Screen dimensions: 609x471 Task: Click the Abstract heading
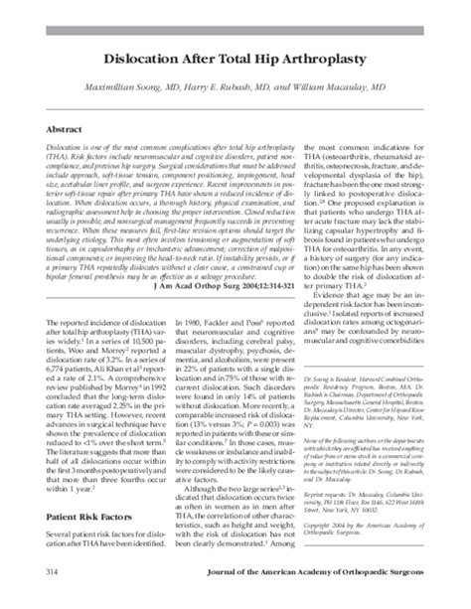point(65,130)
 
